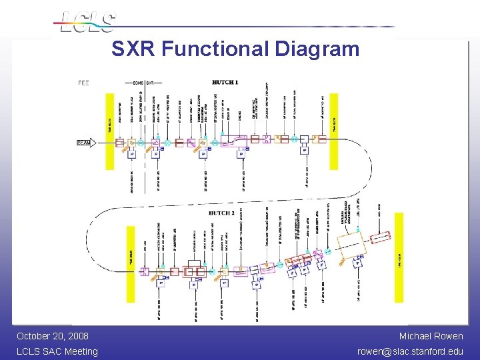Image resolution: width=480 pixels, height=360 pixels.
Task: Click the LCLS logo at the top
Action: click(87, 21)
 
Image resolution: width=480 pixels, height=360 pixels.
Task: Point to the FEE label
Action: click(83, 83)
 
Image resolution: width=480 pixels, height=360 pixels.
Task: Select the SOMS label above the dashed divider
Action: click(138, 83)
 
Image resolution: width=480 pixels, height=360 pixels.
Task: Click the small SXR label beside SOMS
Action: click(151, 83)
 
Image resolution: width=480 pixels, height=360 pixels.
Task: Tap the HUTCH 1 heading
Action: click(225, 83)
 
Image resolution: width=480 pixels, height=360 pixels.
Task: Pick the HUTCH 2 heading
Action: click(221, 213)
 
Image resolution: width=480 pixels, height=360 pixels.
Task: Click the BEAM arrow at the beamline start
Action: click(83, 142)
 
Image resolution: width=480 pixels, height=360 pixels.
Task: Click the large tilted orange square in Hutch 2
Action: click(351, 247)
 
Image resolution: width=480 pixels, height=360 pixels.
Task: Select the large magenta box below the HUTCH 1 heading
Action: click(235, 141)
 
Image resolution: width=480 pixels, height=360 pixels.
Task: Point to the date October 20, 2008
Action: click(53, 336)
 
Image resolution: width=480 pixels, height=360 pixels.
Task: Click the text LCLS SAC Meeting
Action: click(57, 351)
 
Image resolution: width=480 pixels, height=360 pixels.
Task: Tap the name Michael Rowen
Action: click(431, 336)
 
